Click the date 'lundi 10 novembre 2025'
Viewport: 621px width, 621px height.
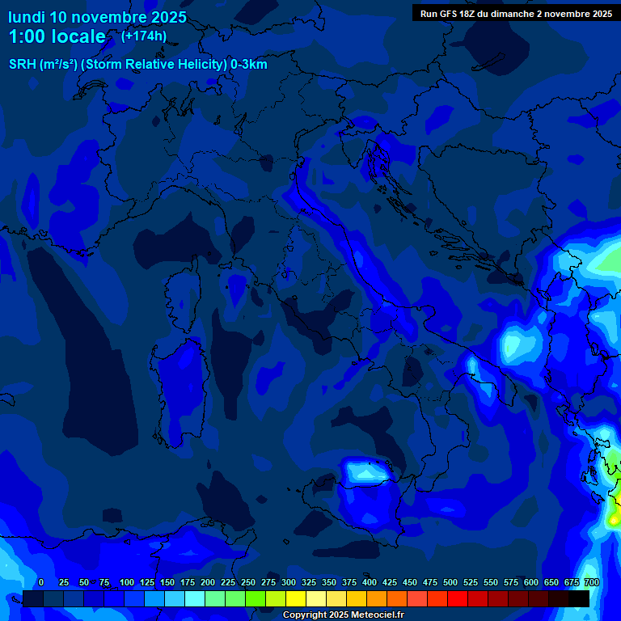[97, 17]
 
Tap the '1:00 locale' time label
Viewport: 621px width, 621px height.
[57, 36]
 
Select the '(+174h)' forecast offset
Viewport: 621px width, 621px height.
[144, 36]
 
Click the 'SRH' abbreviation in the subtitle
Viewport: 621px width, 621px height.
[23, 65]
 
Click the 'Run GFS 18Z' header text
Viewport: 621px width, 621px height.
[449, 14]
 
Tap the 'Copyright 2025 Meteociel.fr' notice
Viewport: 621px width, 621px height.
[344, 615]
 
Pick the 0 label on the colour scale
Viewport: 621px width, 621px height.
[41, 582]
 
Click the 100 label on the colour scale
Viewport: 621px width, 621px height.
[127, 582]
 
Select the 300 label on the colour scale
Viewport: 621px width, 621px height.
[289, 582]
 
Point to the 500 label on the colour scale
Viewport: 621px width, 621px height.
[450, 582]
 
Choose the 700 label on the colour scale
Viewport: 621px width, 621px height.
[591, 582]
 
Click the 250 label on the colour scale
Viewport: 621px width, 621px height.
[248, 582]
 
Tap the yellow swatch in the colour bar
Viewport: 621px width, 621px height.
[296, 598]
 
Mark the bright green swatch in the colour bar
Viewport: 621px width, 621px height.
[256, 598]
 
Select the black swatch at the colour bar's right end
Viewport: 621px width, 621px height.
[579, 598]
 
